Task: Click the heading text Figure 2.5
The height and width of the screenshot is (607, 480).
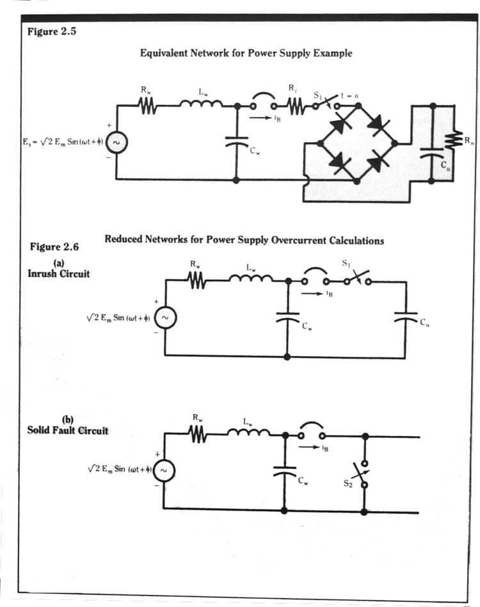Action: click(52, 33)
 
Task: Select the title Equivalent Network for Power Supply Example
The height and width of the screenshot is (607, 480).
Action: click(246, 54)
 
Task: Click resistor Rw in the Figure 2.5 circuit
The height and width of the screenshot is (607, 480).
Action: click(148, 107)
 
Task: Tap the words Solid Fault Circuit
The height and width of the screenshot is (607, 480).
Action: click(67, 430)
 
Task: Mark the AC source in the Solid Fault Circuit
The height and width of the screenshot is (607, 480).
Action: click(164, 471)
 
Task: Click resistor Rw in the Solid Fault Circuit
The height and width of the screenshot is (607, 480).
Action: click(199, 435)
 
